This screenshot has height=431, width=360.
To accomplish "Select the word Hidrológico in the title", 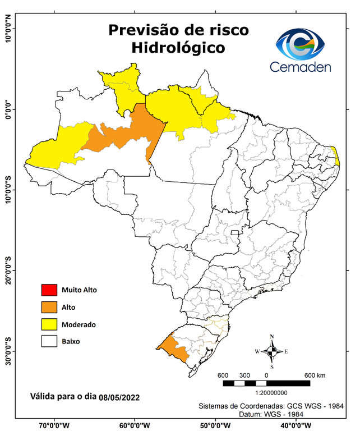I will pos(178,48).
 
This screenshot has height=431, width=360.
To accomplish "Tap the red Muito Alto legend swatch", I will pos(48,290).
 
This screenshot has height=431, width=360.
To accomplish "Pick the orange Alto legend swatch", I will pos(48,307).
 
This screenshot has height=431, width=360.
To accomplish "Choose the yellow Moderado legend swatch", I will pos(48,324).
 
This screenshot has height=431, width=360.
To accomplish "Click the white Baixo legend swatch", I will pos(48,341).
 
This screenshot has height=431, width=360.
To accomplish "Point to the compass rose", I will pos(271,351).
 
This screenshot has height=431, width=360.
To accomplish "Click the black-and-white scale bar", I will pos(266,383).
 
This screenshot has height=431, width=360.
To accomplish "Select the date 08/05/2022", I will pos(119,397).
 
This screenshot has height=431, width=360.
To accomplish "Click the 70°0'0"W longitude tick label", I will pos(54,425).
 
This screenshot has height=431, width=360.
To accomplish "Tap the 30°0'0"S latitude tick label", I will pos(8,351).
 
